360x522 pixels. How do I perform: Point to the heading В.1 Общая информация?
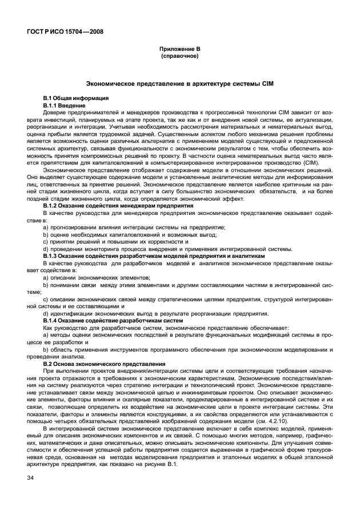pos(72,99)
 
